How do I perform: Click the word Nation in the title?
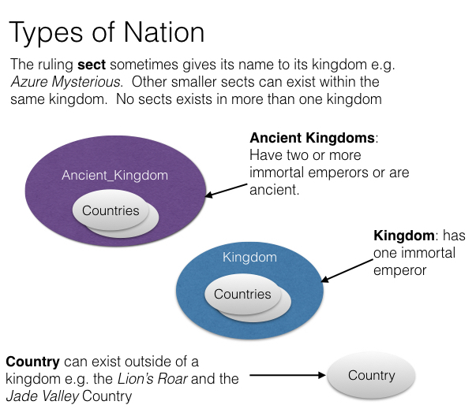tap(164, 32)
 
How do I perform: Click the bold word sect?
tap(92, 65)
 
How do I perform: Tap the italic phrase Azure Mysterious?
tap(66, 82)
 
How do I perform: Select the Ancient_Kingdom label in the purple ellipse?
tap(114, 175)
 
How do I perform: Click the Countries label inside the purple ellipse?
tap(111, 210)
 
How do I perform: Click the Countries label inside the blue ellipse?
tap(242, 294)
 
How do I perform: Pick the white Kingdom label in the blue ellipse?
tap(249, 257)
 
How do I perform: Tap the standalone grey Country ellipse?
tap(372, 375)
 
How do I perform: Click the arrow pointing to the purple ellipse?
tap(227, 191)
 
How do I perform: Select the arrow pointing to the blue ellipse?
tap(347, 270)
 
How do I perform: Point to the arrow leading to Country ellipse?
tap(287, 375)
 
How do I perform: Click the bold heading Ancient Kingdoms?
tap(312, 138)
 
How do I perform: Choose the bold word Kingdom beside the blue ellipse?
tap(403, 236)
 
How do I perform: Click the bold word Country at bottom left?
tap(33, 362)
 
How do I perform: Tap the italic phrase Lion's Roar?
tap(152, 379)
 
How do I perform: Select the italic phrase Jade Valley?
tap(43, 396)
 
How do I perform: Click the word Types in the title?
tap(46, 33)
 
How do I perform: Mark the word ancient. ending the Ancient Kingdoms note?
tap(274, 190)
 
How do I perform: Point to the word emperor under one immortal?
tap(399, 270)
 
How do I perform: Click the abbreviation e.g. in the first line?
tap(383, 65)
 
